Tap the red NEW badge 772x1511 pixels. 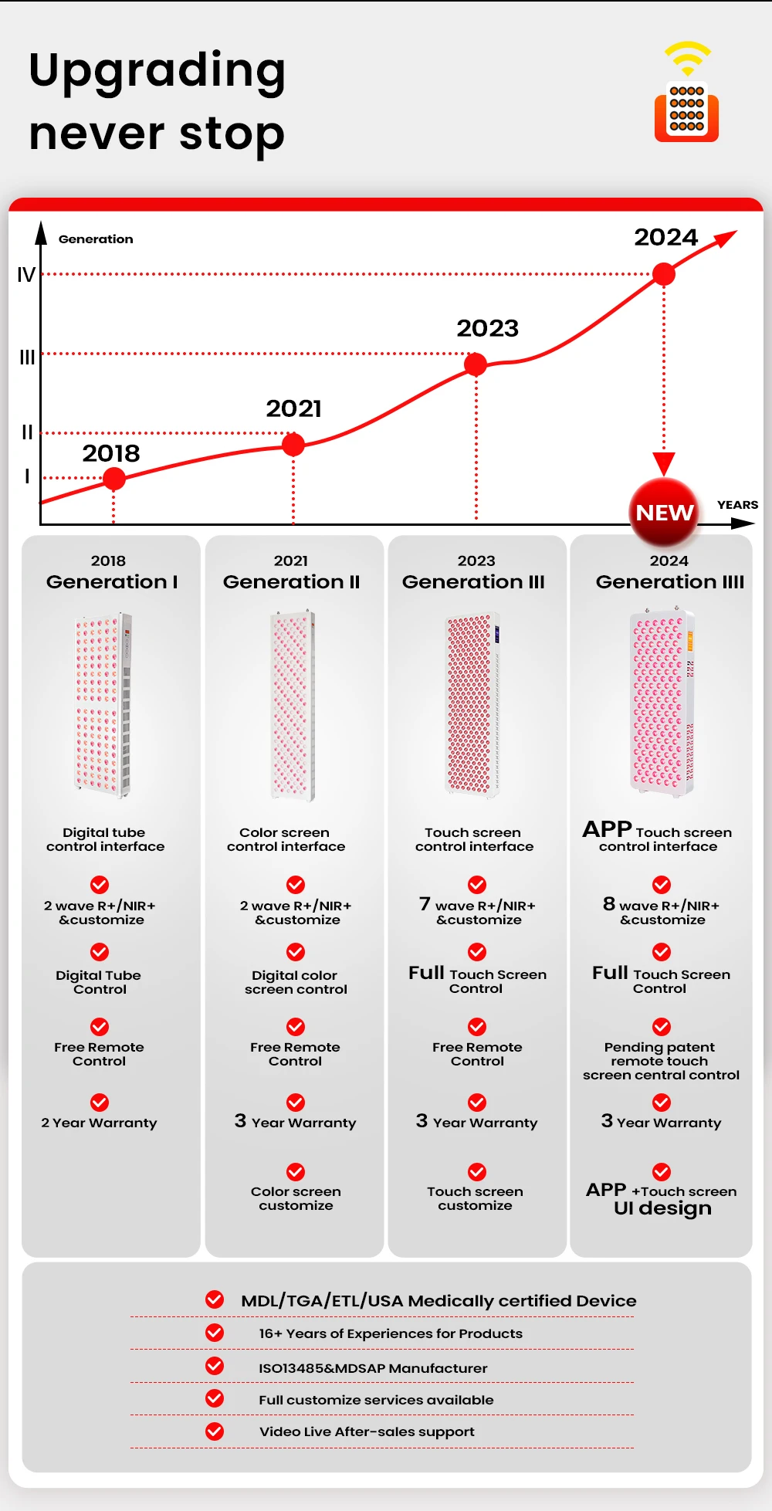[x=664, y=513]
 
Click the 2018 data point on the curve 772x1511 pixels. [x=113, y=479]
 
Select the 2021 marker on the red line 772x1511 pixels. [x=293, y=444]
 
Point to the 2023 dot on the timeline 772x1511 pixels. [x=476, y=364]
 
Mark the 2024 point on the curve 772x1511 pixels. [x=664, y=273]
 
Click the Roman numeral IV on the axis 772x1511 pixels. [x=26, y=275]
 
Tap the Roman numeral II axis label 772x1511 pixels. [x=27, y=432]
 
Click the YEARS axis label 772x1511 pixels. [x=737, y=505]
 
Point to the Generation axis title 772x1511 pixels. [x=96, y=239]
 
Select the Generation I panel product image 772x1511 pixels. [x=103, y=704]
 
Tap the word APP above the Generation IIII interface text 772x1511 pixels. [x=607, y=829]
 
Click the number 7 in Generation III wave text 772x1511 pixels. [x=425, y=903]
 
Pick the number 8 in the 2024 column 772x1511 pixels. [x=609, y=903]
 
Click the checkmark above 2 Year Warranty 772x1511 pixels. [x=100, y=1102]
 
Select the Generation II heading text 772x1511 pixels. [x=291, y=581]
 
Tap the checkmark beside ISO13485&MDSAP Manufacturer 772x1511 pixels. [x=215, y=1366]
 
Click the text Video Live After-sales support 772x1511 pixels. [x=367, y=1431]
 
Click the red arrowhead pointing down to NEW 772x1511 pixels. [x=664, y=463]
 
